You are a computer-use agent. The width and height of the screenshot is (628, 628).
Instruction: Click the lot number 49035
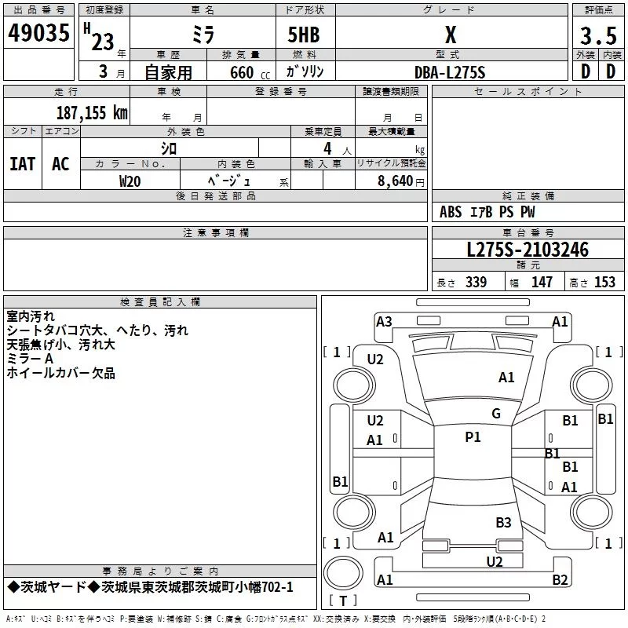click(x=38, y=33)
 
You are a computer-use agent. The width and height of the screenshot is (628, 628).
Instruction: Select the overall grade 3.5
click(x=598, y=36)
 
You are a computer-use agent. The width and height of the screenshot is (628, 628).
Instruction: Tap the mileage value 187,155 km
click(x=92, y=113)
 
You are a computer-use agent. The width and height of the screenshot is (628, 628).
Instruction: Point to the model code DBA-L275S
click(x=450, y=72)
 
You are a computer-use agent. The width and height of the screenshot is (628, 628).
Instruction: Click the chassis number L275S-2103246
click(x=528, y=250)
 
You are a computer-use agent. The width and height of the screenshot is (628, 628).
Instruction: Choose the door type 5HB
click(x=304, y=35)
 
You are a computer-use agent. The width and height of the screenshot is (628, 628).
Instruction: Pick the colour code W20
click(x=130, y=181)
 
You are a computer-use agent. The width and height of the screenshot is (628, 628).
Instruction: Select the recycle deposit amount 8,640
click(x=395, y=181)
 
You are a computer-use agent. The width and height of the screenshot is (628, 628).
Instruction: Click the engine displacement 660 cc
click(x=250, y=73)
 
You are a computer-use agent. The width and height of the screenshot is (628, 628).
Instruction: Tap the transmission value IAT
click(x=23, y=164)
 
